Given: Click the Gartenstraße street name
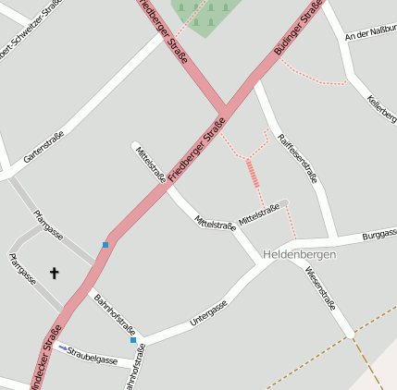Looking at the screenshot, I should tap(44, 147).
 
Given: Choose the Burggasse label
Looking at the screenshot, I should tap(378, 236).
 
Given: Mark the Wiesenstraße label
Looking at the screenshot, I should tap(319, 287).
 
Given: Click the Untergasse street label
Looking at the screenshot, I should tap(208, 314).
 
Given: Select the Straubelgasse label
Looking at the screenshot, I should tap(93, 356).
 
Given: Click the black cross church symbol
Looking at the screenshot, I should tap(54, 273).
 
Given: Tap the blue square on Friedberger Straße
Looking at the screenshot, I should tap(105, 245).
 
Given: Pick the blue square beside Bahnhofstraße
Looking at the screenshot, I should tap(133, 340).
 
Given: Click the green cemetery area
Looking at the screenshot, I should tap(206, 14).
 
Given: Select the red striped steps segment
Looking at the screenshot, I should tap(253, 173).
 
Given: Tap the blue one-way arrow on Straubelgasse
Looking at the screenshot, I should tap(62, 347).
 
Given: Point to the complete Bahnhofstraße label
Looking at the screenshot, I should tap(115, 314).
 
